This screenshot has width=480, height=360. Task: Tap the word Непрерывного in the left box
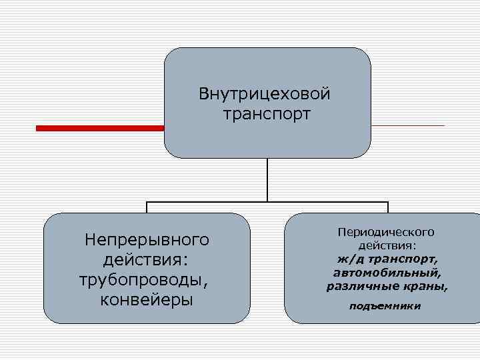[147, 238]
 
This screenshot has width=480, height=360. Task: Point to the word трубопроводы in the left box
[143, 279]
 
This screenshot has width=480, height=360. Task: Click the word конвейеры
[146, 299]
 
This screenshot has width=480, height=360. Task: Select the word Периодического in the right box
[386, 232]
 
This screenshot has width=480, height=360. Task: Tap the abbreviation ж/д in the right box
[349, 259]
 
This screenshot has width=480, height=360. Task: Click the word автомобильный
[387, 273]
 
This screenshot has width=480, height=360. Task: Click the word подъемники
[386, 307]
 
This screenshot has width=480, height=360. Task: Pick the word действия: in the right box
[387, 245]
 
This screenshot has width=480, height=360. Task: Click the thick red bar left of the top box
[100, 128]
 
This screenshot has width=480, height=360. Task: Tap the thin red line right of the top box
[407, 125]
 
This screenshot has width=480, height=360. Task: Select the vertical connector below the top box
[267, 179]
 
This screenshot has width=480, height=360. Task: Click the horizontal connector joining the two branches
[267, 201]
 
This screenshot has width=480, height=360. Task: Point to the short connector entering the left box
[147, 207]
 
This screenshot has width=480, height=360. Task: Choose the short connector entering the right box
[387, 207]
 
